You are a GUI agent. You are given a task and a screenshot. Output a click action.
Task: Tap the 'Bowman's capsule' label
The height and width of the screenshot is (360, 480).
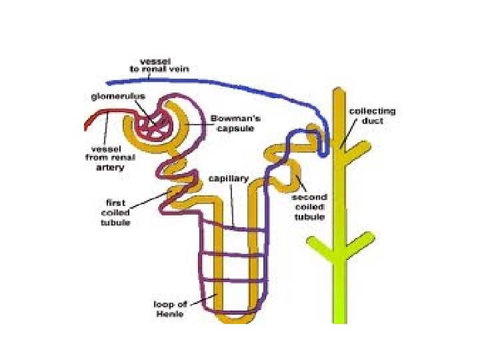(232, 123)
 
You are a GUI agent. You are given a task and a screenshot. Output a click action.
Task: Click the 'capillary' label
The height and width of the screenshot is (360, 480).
(229, 179)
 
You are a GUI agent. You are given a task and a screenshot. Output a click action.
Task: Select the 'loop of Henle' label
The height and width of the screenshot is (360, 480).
(171, 310)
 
